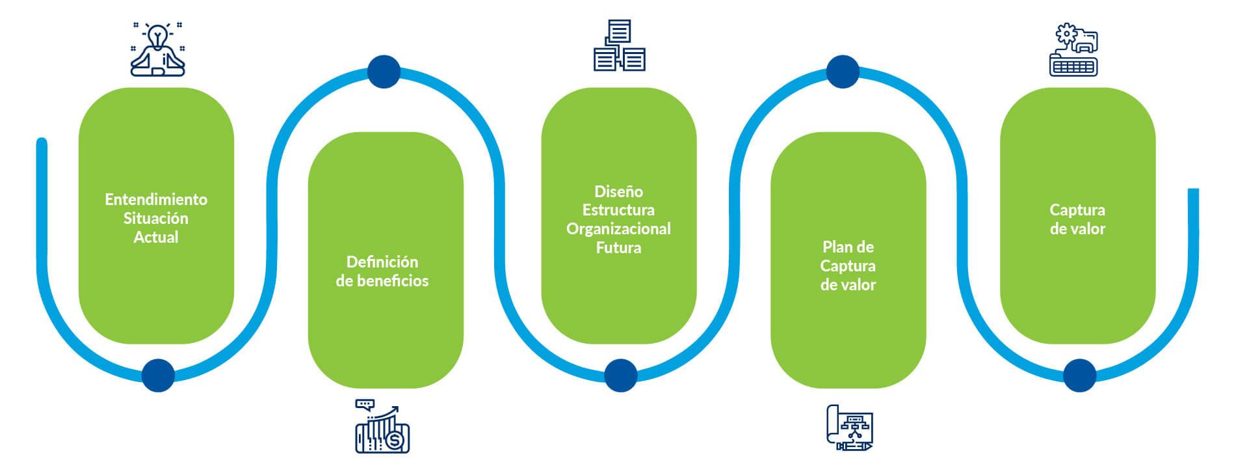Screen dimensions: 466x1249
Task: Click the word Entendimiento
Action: [x=156, y=199]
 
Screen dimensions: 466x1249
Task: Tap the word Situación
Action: [x=156, y=218]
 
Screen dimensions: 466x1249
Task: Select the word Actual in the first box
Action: [x=156, y=237]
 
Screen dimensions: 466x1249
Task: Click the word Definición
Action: [x=382, y=262]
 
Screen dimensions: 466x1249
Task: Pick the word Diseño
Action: [x=618, y=191]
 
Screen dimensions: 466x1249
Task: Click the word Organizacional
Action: [x=618, y=229]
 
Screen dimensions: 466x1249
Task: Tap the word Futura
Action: [x=618, y=248]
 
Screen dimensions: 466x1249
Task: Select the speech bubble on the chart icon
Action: [x=365, y=404]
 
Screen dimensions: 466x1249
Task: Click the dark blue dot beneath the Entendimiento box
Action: [x=158, y=375]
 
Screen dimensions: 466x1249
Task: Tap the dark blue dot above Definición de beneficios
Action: [x=384, y=71]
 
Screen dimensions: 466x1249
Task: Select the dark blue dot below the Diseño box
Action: [x=620, y=375]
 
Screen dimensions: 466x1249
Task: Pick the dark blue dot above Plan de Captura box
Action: [x=843, y=71]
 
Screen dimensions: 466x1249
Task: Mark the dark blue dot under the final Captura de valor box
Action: [x=1079, y=375]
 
